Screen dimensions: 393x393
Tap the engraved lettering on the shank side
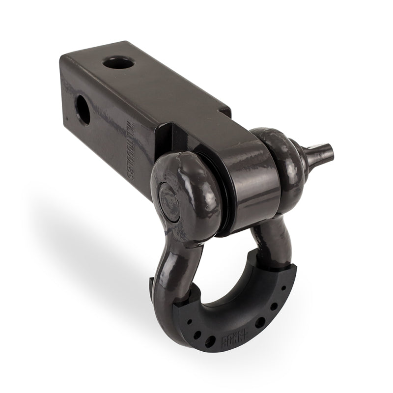click(128, 150)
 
